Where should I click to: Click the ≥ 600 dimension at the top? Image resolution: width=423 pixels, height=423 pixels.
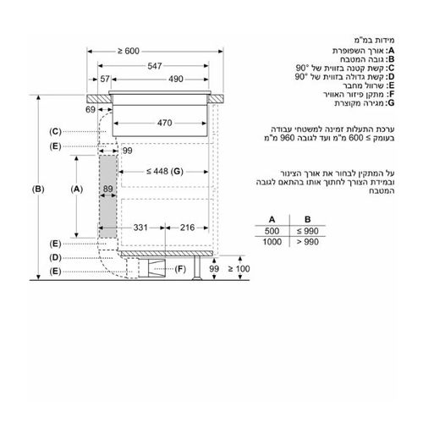click(129, 51)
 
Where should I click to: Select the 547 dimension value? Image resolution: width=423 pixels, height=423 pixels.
click(155, 66)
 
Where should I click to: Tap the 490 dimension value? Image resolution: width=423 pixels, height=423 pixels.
click(176, 79)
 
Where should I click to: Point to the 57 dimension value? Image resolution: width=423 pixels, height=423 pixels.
click(105, 79)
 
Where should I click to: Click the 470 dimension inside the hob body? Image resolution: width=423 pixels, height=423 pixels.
click(164, 123)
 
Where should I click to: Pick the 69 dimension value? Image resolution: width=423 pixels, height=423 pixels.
click(91, 109)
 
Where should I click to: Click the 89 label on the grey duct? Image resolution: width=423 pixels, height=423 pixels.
click(107, 189)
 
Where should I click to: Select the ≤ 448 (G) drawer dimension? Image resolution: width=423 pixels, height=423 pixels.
click(165, 171)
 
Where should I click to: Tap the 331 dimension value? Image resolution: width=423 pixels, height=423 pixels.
click(140, 228)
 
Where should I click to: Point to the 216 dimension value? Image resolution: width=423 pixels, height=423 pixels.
click(187, 228)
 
